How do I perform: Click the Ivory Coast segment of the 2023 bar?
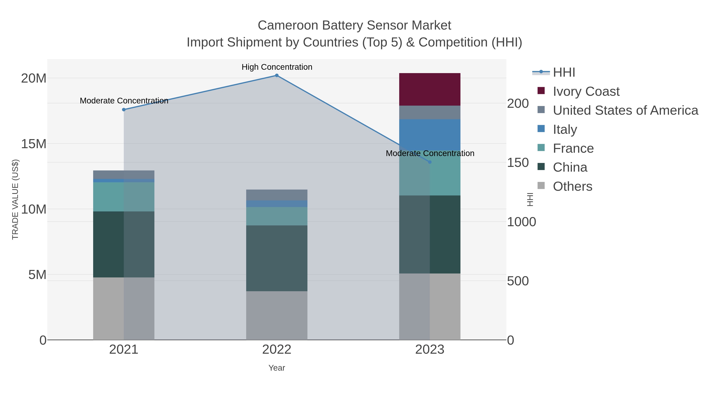(430, 89)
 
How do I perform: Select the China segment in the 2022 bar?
(277, 258)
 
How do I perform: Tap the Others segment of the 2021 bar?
(123, 308)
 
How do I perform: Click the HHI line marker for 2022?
(277, 75)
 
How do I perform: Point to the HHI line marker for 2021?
(123, 110)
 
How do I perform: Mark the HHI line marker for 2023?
(430, 162)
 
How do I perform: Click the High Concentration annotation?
(277, 67)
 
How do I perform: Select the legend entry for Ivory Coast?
(586, 91)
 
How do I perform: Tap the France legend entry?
(573, 148)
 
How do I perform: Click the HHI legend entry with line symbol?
(564, 73)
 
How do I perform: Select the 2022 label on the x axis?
(277, 350)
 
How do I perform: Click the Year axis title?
(277, 368)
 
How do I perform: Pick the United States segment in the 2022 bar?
(277, 195)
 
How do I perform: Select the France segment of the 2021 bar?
(123, 197)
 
